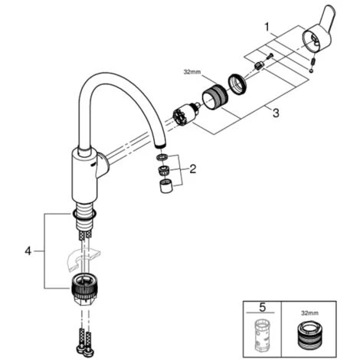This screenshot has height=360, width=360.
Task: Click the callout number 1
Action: tap(267, 27)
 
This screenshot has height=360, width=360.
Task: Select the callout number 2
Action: tap(193, 169)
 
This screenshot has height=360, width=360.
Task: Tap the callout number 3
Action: tap(276, 113)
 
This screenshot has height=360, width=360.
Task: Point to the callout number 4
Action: tap(28, 251)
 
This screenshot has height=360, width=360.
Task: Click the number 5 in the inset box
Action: tap(263, 307)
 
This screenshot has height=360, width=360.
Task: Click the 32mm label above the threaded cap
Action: tap(192, 72)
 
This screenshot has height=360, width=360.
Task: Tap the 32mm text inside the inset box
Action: tap(309, 313)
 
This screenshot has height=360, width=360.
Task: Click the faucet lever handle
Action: tap(318, 33)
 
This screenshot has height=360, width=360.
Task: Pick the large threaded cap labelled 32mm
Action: tap(214, 97)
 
